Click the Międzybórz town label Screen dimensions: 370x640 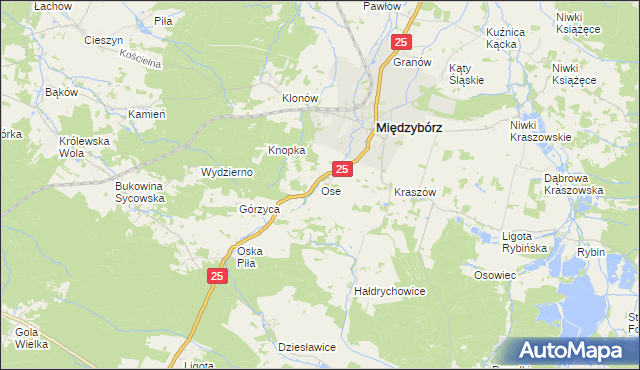409,128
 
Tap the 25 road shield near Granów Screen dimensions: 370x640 401,42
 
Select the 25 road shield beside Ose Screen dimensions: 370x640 342,171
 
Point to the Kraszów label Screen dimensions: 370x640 415,191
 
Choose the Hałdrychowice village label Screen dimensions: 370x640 391,291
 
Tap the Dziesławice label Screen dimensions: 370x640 306,347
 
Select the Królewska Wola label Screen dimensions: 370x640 84,147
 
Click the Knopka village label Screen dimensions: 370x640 286,150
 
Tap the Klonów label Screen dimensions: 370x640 299,99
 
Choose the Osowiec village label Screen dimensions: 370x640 495,275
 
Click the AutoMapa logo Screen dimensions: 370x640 575,351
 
